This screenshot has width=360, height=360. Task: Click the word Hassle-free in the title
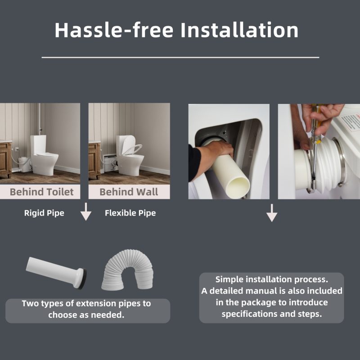[x=114, y=30]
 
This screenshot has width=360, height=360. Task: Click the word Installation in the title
[x=239, y=30]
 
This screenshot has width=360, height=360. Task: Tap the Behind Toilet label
[x=41, y=192]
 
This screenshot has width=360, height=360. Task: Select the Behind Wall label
[x=129, y=192]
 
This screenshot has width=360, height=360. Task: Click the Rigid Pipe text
[x=44, y=213]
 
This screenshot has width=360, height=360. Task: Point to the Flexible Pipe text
[x=130, y=213]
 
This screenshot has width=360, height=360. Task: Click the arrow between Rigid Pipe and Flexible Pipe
[x=86, y=211]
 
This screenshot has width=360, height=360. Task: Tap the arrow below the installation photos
[x=272, y=213]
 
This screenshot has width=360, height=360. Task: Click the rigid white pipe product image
[x=56, y=273]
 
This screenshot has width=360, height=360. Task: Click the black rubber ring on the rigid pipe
[x=83, y=279]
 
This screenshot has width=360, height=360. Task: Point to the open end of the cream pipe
[x=239, y=187]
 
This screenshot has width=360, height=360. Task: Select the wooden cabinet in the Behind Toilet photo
[x=6, y=160]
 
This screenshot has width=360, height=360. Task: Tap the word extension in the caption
[x=96, y=303]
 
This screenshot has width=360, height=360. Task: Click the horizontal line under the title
[x=180, y=58]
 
